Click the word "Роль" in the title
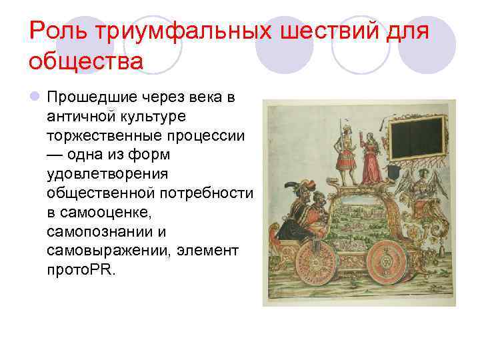[x=60, y=31]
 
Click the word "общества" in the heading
[x=86, y=61]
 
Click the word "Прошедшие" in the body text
[x=90, y=98]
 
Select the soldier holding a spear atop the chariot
[x=345, y=153]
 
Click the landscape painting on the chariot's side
[x=363, y=217]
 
